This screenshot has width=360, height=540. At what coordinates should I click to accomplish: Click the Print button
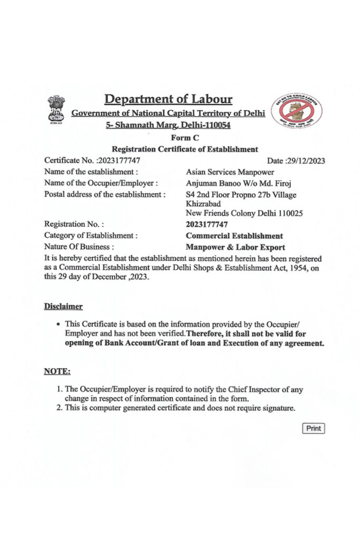(314, 428)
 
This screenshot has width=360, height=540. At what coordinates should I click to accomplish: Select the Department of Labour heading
(168, 99)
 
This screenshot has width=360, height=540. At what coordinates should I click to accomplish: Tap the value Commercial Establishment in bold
(234, 236)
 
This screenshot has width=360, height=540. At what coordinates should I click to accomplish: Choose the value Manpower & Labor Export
(235, 247)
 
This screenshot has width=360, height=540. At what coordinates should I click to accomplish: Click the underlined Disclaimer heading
(63, 306)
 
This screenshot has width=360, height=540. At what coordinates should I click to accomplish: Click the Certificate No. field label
(70, 160)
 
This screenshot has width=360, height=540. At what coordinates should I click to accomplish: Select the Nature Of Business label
(78, 247)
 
